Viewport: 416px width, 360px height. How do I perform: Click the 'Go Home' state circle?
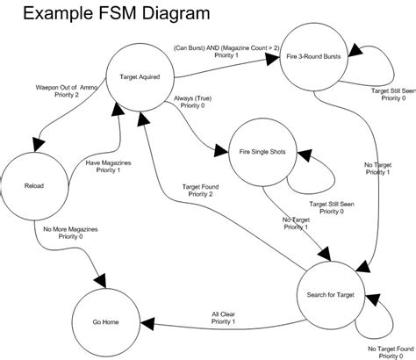(105, 322)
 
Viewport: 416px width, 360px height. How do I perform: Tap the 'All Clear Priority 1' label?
(223, 317)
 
